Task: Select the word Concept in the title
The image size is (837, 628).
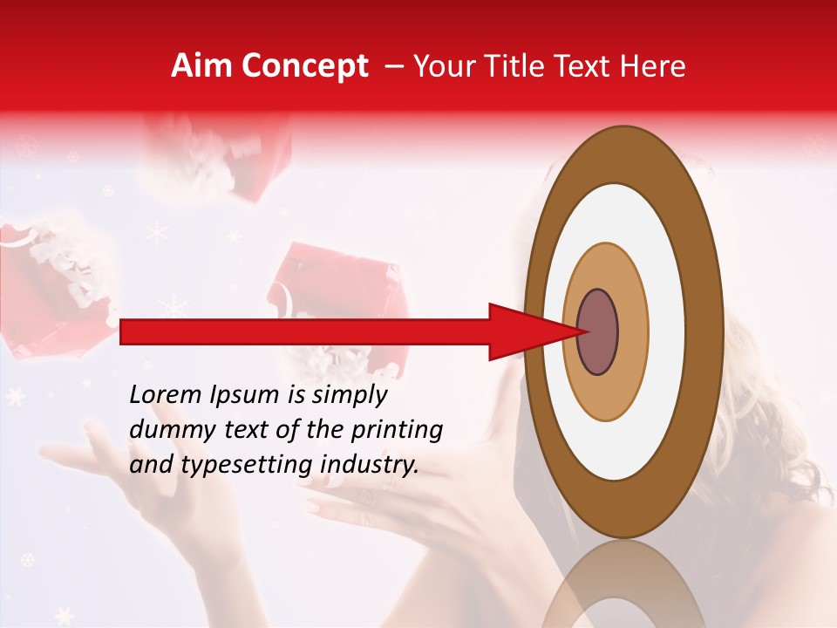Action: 304,66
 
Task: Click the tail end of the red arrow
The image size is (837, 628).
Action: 126,331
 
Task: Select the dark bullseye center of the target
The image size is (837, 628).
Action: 597,331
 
